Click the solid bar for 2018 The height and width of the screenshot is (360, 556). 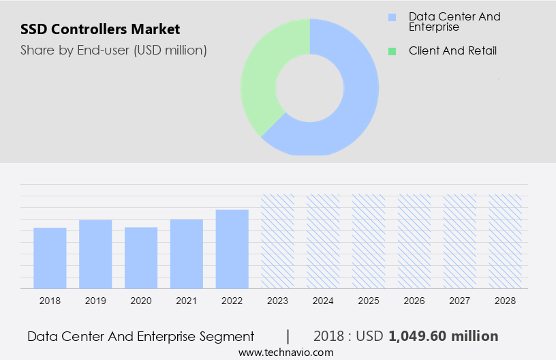pos(50,258)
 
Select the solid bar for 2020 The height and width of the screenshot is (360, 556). pos(141,258)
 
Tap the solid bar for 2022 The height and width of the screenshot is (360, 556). pos(232,249)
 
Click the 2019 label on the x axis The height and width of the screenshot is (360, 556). pos(95,301)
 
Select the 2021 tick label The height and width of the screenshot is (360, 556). pos(187,301)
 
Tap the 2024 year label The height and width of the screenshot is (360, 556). pos(323,301)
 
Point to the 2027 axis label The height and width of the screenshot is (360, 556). pos(460,301)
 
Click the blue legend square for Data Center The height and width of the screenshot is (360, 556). pos(392,17)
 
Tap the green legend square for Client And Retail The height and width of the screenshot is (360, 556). pos(392,51)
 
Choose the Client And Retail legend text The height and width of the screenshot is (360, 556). pos(452,51)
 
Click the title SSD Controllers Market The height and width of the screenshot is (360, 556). pos(100,29)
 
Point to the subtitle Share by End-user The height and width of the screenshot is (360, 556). pos(113,50)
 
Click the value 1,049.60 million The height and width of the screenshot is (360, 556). pos(443,336)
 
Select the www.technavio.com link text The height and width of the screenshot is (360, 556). pos(286,352)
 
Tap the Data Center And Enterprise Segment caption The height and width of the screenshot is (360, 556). pos(140,336)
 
